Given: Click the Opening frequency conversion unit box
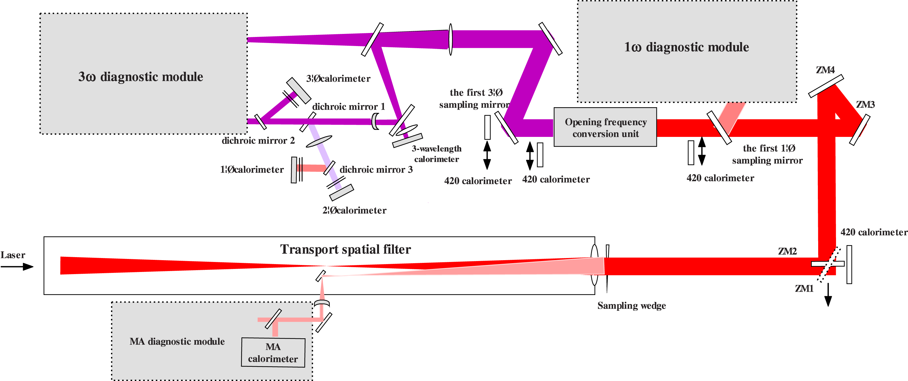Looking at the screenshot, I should [x=605, y=127].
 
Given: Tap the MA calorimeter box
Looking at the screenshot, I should [x=273, y=353].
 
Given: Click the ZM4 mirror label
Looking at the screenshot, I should [x=825, y=70].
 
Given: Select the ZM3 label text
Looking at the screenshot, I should [x=865, y=104].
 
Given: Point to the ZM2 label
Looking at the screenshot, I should [x=787, y=251].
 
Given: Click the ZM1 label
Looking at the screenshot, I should [x=804, y=289].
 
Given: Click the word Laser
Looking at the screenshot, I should [x=13, y=255].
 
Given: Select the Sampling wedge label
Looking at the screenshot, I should [x=631, y=305].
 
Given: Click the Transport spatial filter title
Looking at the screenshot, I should [x=345, y=249].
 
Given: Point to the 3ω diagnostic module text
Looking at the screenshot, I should [x=141, y=77].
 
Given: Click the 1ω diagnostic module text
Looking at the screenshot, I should [x=686, y=47].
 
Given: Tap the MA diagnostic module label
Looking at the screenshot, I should [x=177, y=341].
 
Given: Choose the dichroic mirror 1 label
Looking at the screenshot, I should [x=348, y=107].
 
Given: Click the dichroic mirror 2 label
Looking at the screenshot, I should [x=258, y=141].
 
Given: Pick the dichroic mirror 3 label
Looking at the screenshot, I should [x=376, y=170].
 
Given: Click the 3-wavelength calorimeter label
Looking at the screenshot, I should [x=436, y=154].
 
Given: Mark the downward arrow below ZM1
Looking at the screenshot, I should [x=828, y=295].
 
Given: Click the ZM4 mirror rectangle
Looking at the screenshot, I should [x=826, y=86].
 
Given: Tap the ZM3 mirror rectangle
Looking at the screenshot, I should [x=859, y=130].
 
